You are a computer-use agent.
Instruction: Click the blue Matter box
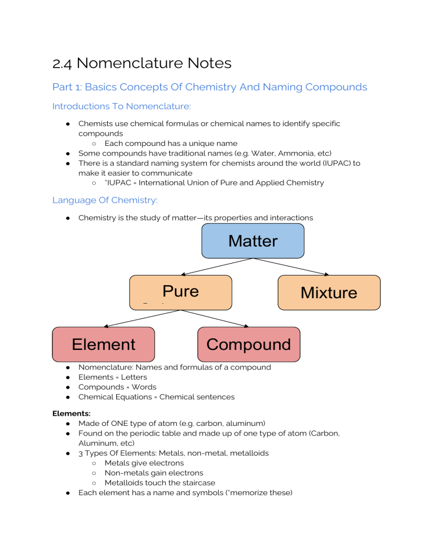pyautogui.click(x=253, y=241)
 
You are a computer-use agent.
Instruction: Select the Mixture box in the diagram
pyautogui.click(x=329, y=292)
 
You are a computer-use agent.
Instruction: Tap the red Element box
pyautogui.click(x=103, y=344)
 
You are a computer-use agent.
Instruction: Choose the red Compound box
pyautogui.click(x=249, y=344)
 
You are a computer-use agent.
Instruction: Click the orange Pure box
pyautogui.click(x=180, y=292)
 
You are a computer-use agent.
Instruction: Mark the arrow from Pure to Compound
pyautogui.click(x=214, y=318)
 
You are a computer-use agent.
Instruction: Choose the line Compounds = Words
pyautogui.click(x=117, y=387)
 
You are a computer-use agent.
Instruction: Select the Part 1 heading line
pyautogui.click(x=209, y=87)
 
